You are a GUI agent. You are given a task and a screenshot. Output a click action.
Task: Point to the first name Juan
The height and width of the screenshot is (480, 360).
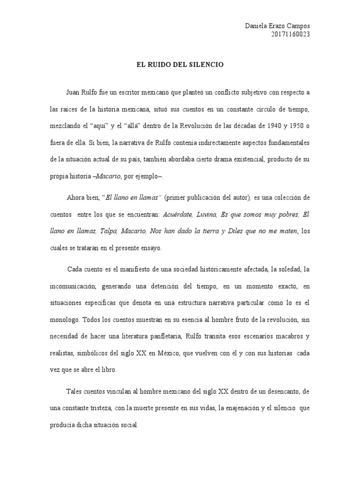73,93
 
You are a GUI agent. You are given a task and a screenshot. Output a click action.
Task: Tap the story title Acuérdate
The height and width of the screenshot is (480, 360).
178,215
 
